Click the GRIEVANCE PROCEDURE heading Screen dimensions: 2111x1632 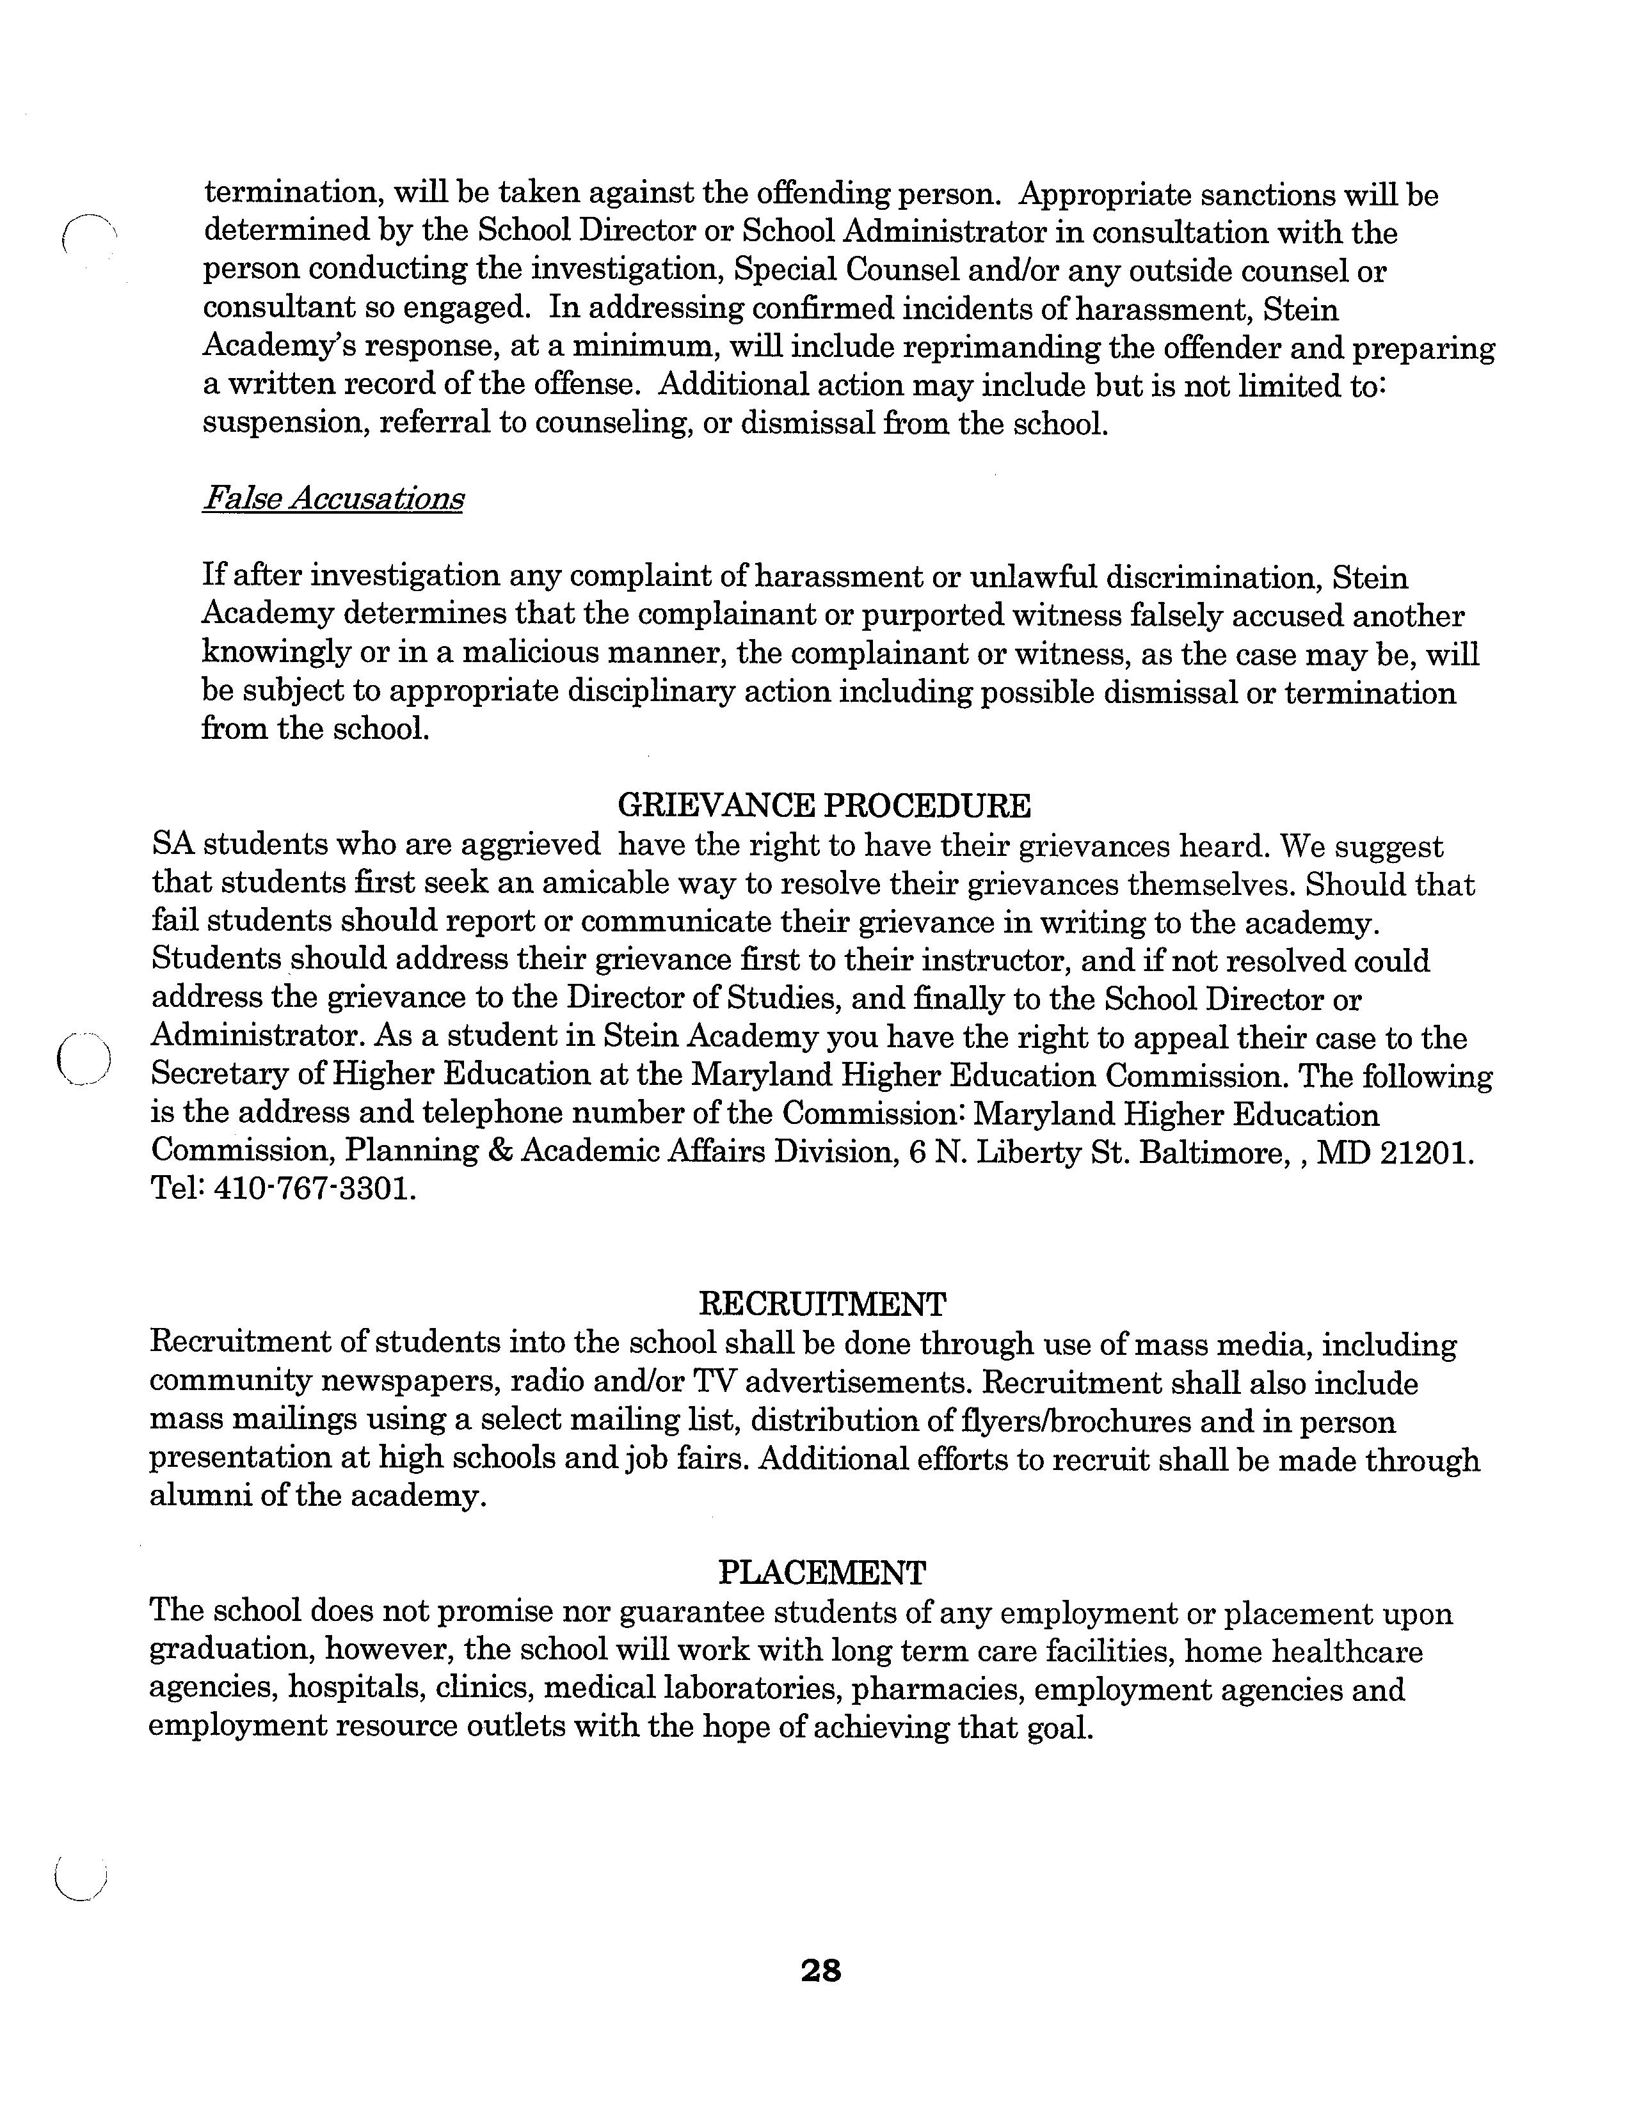(824, 805)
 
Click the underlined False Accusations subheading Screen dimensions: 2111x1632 (333, 499)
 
